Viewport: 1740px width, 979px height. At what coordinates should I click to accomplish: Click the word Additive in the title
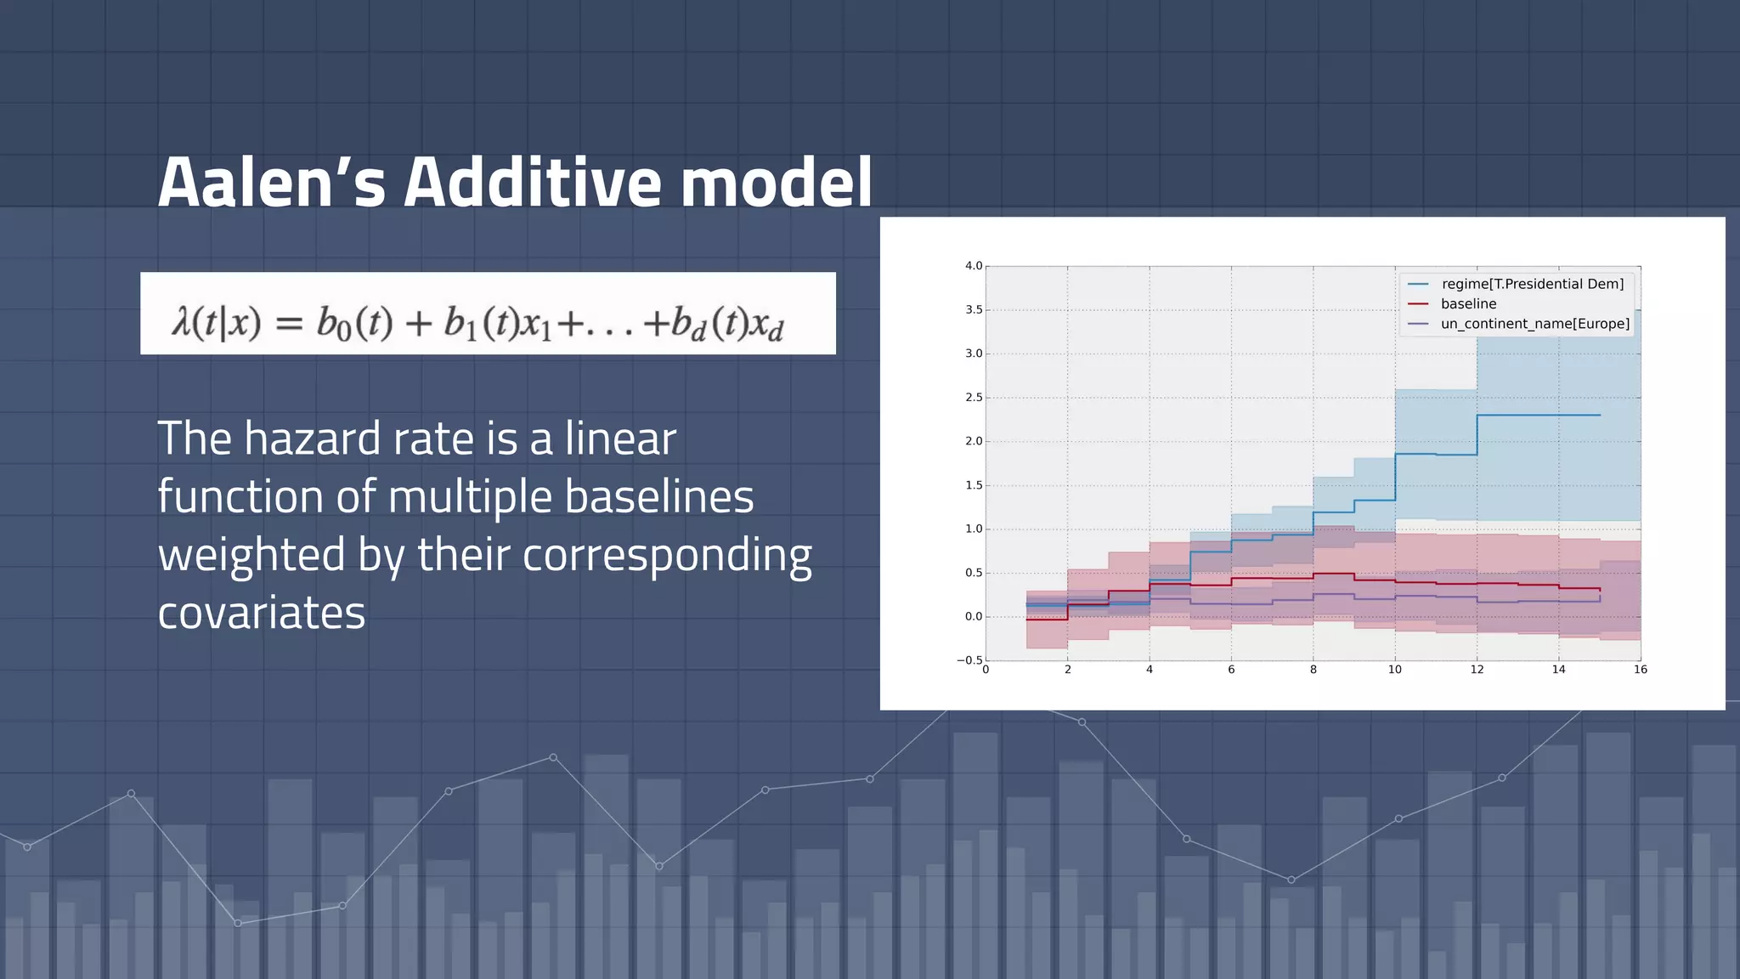coord(532,183)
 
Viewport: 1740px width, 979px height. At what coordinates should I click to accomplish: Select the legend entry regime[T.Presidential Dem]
coord(1532,284)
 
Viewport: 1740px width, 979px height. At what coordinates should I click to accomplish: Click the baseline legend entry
coord(1468,303)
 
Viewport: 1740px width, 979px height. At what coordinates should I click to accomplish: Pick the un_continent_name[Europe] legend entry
coord(1534,324)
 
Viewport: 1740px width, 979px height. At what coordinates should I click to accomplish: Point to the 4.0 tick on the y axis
coord(974,266)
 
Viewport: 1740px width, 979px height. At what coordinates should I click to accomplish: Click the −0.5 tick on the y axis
coord(970,660)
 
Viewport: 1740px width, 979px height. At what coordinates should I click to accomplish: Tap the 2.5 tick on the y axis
coord(974,398)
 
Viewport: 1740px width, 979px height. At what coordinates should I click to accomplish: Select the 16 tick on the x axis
coord(1640,670)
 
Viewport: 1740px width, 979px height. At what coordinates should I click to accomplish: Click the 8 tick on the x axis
coord(1313,670)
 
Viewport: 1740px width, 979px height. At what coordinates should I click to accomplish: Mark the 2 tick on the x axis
coord(1068,670)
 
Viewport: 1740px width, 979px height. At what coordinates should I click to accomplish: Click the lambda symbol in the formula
coord(181,322)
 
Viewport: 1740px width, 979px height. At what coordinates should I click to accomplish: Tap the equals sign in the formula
coord(289,324)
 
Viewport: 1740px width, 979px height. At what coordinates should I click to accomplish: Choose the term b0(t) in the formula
coord(354,323)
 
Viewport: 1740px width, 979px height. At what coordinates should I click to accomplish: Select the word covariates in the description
coord(261,613)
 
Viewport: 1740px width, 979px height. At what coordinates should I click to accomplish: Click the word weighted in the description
coord(251,555)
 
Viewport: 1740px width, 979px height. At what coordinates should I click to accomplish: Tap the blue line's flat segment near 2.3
coord(1538,415)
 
